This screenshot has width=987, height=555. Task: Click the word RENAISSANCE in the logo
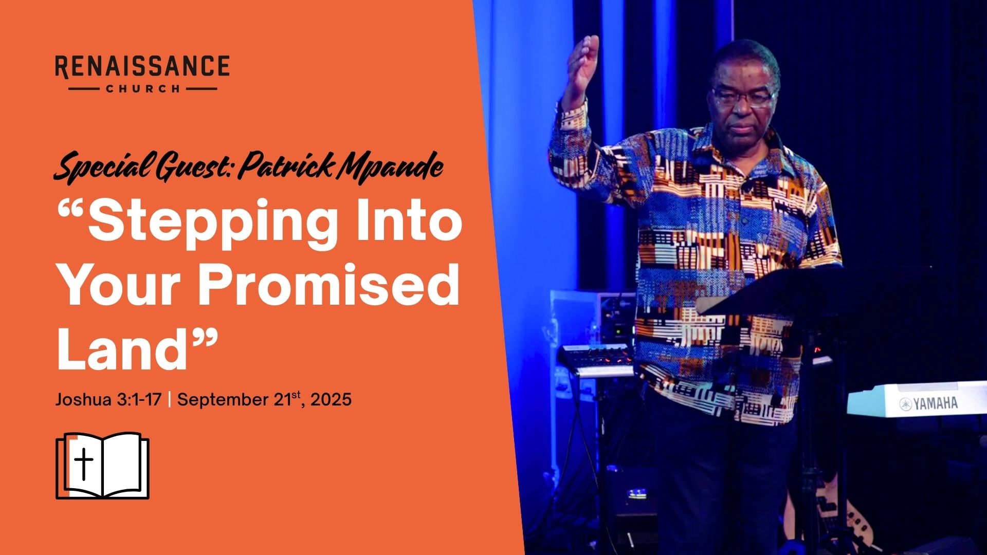[x=142, y=67]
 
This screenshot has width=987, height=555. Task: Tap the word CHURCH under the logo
[x=143, y=88]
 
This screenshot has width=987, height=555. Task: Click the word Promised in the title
[x=329, y=284]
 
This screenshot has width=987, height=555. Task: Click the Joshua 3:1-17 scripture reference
[x=108, y=399]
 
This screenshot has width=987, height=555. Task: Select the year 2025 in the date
[x=331, y=400]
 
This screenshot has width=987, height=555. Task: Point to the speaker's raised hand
[x=582, y=67]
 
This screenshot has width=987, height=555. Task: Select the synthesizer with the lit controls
[x=596, y=360]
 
